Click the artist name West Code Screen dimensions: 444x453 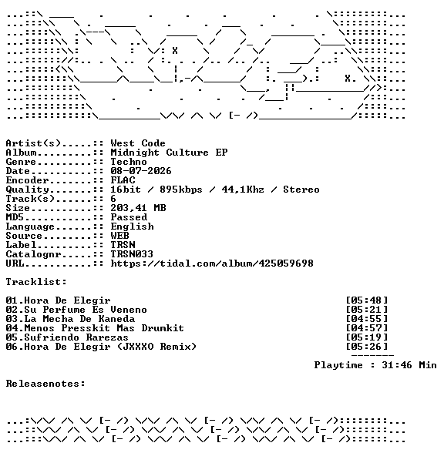click(x=138, y=143)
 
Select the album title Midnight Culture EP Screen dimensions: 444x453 click(x=169, y=153)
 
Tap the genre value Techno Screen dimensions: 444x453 click(x=129, y=162)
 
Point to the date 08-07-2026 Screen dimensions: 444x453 click(x=141, y=171)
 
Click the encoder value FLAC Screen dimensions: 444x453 click(x=123, y=180)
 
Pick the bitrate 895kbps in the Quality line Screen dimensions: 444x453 click(x=181, y=190)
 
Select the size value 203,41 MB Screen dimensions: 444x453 click(x=138, y=208)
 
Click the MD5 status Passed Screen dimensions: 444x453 click(x=129, y=217)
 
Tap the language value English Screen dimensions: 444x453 click(x=132, y=226)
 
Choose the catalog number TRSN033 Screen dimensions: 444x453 click(x=132, y=254)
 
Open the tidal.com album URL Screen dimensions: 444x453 click(x=212, y=263)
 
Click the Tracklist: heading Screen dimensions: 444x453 click(x=36, y=282)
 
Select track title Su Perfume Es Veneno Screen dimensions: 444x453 click(x=86, y=310)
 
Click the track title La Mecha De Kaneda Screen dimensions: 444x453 click(x=79, y=319)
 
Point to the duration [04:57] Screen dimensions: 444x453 click(x=367, y=328)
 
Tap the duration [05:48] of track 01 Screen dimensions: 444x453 click(x=367, y=300)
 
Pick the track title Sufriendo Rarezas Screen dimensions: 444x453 click(x=76, y=337)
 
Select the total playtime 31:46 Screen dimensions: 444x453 click(x=397, y=365)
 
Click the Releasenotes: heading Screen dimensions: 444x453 click(x=45, y=384)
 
